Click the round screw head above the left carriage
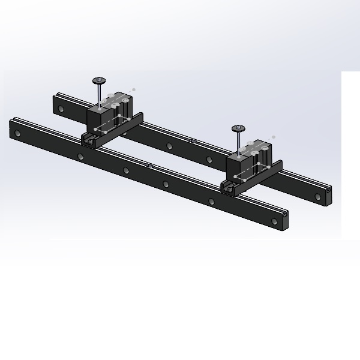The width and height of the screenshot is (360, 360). (98, 80)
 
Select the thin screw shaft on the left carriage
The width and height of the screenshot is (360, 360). (98, 95)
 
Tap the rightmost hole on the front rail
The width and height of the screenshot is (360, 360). (275, 221)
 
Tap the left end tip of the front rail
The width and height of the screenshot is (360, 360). (11, 128)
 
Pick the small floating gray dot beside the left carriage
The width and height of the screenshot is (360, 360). (134, 89)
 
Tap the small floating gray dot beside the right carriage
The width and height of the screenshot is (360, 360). (274, 137)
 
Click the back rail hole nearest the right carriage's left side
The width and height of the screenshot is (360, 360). (209, 159)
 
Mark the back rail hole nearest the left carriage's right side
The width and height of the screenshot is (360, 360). (170, 146)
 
